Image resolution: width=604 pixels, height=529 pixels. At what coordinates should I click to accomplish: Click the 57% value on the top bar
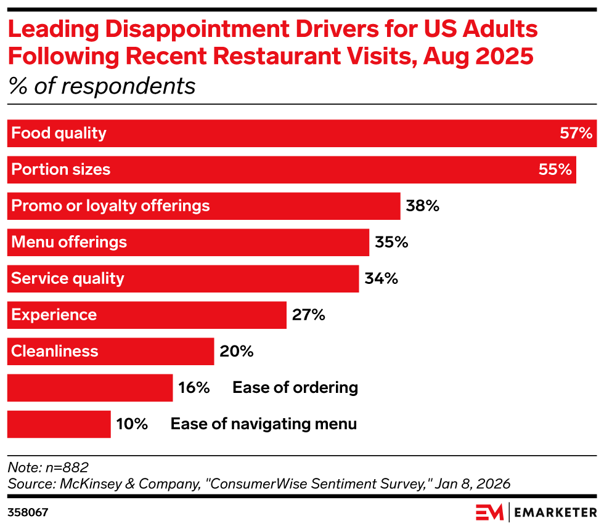pos(576,133)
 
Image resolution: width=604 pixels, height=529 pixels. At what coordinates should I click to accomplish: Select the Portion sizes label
pos(61,169)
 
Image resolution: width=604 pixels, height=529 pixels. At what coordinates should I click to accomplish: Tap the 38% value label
pos(422,206)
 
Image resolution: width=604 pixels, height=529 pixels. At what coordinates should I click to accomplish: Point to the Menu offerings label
pos(69,242)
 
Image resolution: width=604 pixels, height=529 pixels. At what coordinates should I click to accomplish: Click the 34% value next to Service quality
pos(381,278)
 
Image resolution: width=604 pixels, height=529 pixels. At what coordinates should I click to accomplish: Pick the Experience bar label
pos(54,315)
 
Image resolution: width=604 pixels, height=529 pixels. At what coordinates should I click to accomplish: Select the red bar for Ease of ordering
pos(90,388)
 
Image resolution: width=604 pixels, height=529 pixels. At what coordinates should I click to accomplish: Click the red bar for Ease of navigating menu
pos(59,424)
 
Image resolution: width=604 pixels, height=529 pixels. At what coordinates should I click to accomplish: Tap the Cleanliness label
pos(55,351)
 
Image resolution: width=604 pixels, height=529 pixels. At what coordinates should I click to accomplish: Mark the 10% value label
pos(132,424)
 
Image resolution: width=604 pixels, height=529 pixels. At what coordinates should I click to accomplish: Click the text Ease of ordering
pos(295,388)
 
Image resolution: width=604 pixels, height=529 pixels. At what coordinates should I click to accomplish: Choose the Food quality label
pos(59,133)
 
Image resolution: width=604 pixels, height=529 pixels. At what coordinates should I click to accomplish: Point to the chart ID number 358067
pos(28,512)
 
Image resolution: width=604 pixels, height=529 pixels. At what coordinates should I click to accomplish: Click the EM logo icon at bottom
pos(489,512)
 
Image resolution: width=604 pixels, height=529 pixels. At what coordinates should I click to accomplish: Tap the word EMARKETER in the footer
pos(555,512)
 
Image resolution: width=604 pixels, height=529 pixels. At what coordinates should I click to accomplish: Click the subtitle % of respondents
pos(102,86)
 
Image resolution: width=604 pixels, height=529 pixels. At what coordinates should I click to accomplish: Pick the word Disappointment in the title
pos(186,29)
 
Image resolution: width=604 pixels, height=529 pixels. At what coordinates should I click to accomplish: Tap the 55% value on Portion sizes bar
pos(555,169)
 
